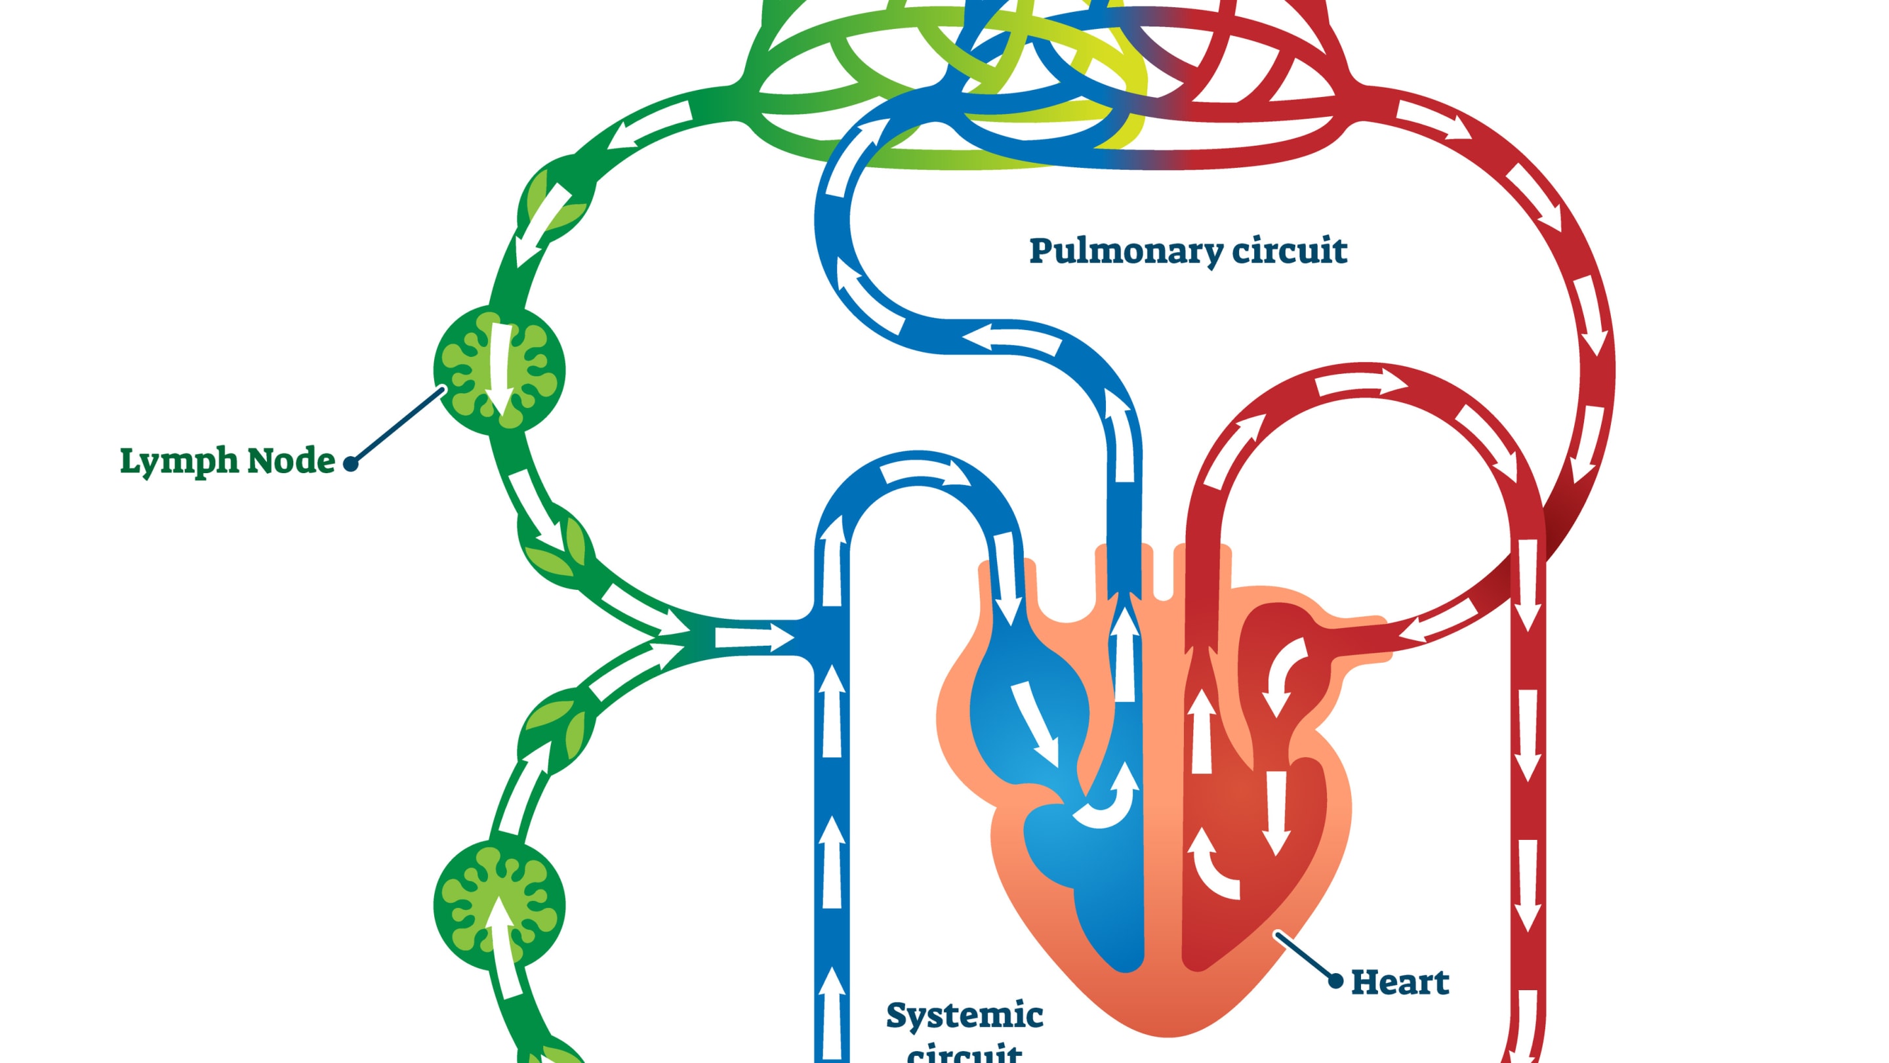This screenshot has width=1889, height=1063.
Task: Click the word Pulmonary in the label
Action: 1126,251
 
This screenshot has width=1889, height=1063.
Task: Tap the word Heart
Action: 1399,982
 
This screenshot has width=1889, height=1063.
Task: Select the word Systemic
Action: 964,1016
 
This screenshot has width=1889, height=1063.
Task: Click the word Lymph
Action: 179,461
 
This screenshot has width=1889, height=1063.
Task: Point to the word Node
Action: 291,461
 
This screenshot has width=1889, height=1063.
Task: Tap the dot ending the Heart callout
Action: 1336,980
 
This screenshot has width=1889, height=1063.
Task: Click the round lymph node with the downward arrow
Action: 499,369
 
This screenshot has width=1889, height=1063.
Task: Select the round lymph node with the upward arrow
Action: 499,906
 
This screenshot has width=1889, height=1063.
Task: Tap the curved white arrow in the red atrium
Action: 1284,675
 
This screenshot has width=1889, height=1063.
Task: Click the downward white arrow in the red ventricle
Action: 1276,810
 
